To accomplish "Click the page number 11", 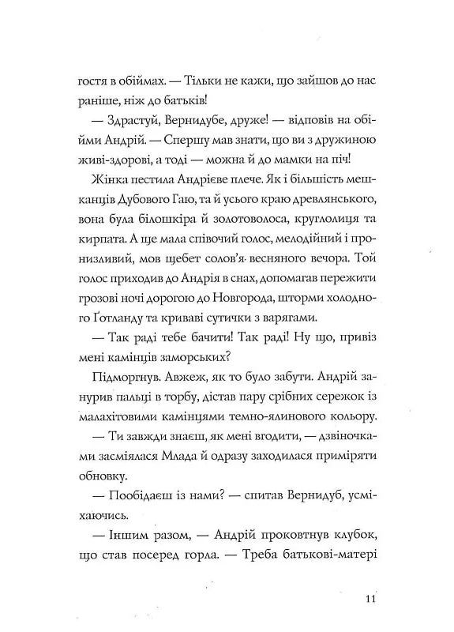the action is point(375,598).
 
